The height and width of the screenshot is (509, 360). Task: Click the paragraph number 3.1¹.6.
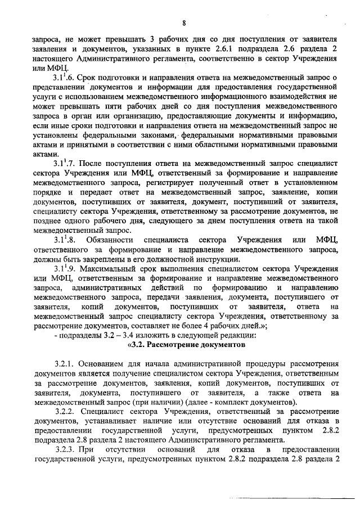click(x=64, y=76)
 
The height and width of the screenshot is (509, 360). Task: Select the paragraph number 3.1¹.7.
click(x=64, y=163)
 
